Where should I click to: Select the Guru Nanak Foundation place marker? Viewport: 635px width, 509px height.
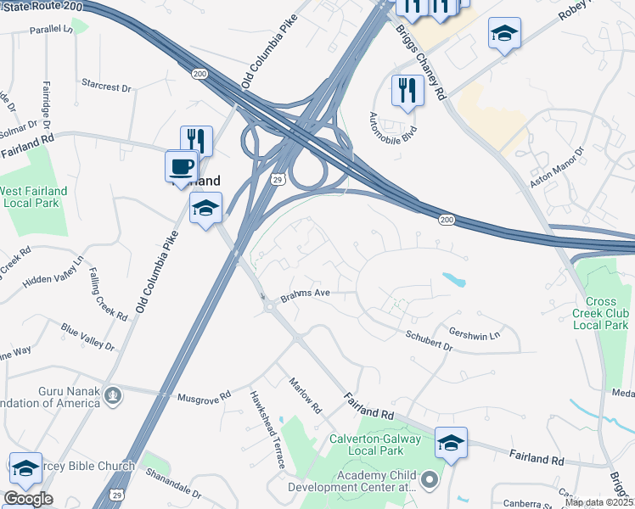click(x=112, y=394)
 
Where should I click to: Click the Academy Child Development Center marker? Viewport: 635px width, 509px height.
click(x=429, y=481)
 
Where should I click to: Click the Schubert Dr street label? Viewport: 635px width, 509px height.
click(x=429, y=340)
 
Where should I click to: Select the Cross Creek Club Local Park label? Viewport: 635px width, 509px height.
click(x=606, y=313)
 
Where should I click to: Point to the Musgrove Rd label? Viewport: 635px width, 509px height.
click(x=205, y=396)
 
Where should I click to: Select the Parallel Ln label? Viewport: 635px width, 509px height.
click(x=51, y=29)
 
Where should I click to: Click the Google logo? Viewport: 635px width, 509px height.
click(x=28, y=499)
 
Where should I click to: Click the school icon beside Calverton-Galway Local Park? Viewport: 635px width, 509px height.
click(x=451, y=442)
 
